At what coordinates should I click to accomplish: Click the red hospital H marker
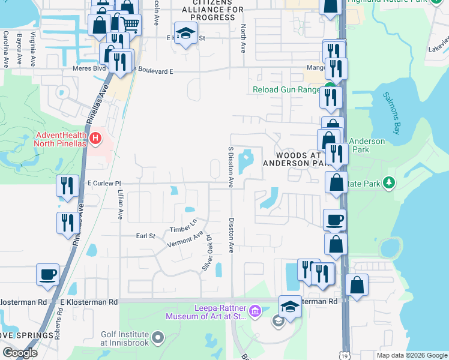tap(95, 140)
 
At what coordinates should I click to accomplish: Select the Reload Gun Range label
tap(286, 90)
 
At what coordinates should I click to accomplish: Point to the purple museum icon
tap(255, 311)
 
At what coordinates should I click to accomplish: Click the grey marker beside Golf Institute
tap(158, 338)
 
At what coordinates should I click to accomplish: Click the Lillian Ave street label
tap(121, 205)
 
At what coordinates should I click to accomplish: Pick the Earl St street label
tap(145, 236)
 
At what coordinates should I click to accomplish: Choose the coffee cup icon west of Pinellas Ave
tap(47, 274)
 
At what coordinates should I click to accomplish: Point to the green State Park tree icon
tap(390, 182)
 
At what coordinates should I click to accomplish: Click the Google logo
tap(20, 353)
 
